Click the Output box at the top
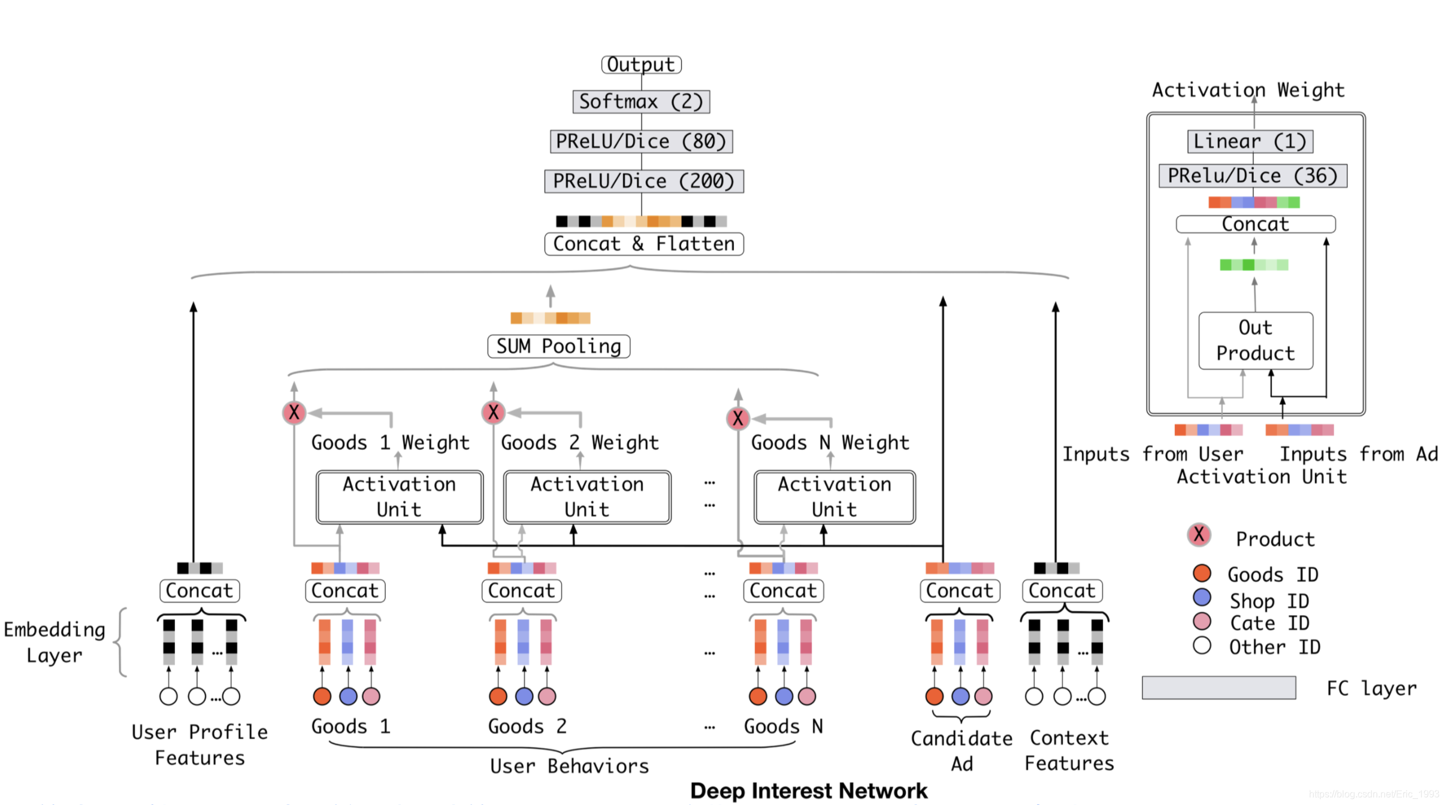(x=641, y=64)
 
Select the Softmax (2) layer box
(x=641, y=102)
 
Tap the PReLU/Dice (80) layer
(x=641, y=141)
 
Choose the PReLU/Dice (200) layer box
(x=643, y=181)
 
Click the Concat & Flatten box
(x=643, y=244)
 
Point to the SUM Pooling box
(x=558, y=346)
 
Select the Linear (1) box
(x=1250, y=141)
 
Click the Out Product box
(x=1255, y=340)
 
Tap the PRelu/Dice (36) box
(x=1253, y=175)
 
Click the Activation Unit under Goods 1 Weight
(x=399, y=497)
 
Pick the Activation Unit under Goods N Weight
(x=834, y=497)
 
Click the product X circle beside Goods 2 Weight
(x=493, y=412)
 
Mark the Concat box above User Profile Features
(x=199, y=591)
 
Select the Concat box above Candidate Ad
(x=960, y=591)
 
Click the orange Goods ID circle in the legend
(x=1201, y=573)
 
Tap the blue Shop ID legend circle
(x=1201, y=598)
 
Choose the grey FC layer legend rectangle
(x=1219, y=688)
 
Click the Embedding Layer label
(x=55, y=642)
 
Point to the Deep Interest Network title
(x=808, y=791)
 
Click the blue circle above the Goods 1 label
(x=348, y=696)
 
